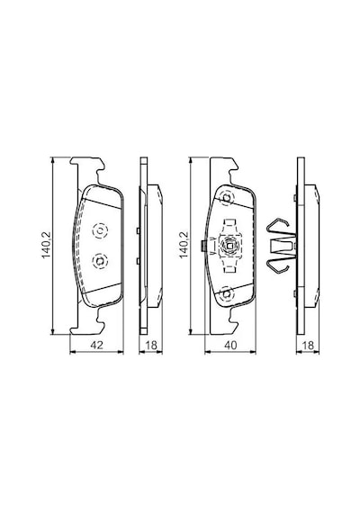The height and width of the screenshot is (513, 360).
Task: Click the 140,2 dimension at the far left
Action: [46, 245]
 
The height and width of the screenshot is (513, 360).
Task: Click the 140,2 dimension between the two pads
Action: [184, 245]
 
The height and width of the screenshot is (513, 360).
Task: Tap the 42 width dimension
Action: [96, 345]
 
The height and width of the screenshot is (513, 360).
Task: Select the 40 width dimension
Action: [230, 345]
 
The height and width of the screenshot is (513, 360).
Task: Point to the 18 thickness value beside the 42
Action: [151, 345]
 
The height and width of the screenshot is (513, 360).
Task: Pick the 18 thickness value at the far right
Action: [308, 345]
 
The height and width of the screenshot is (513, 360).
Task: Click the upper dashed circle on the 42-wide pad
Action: [100, 231]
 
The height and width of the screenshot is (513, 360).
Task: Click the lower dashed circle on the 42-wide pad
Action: [100, 261]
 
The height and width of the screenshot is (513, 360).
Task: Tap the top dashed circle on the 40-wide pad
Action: [227, 198]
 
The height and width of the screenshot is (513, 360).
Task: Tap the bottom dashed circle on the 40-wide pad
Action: [227, 293]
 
